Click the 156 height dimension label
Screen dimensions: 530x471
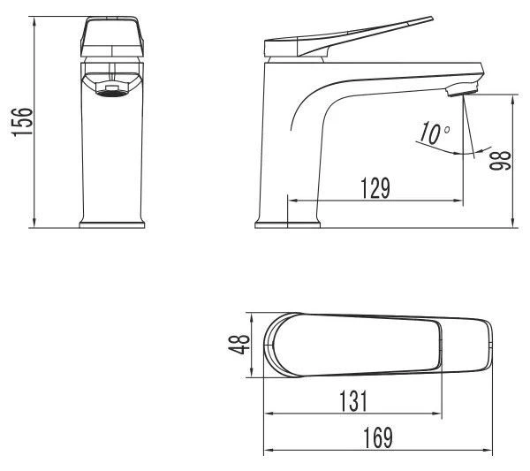click(x=22, y=122)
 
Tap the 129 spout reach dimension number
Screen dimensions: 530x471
click(x=375, y=187)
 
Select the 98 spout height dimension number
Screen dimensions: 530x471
click(x=500, y=160)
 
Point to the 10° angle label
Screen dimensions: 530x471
click(x=435, y=133)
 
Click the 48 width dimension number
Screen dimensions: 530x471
click(x=239, y=344)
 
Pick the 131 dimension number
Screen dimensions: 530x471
click(x=352, y=401)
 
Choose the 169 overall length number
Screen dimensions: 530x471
click(x=378, y=438)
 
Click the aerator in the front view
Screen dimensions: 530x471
click(x=112, y=90)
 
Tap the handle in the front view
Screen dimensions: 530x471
click(x=112, y=36)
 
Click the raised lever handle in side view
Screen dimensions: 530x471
click(x=348, y=37)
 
